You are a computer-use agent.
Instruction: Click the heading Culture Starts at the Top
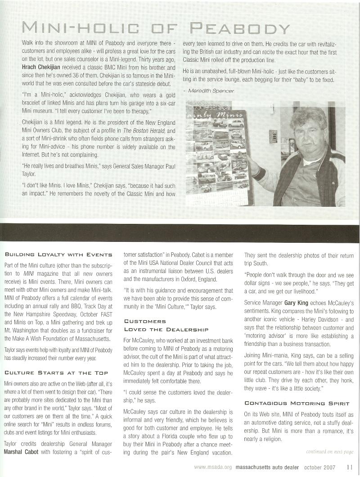tap(56, 373)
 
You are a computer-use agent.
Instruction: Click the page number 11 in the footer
tap(350, 467)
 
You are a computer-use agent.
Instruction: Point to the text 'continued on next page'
tap(329, 451)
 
